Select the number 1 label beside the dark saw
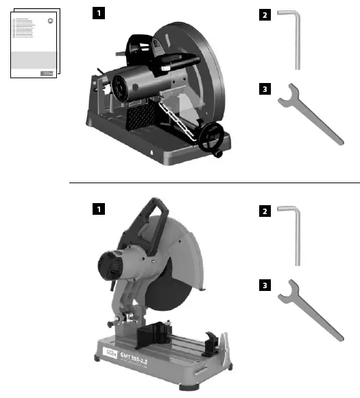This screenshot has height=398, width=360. click(99, 12)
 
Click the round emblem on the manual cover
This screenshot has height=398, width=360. click(49, 21)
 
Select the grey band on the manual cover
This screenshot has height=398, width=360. click(36, 58)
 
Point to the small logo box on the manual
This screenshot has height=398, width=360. click(47, 71)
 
